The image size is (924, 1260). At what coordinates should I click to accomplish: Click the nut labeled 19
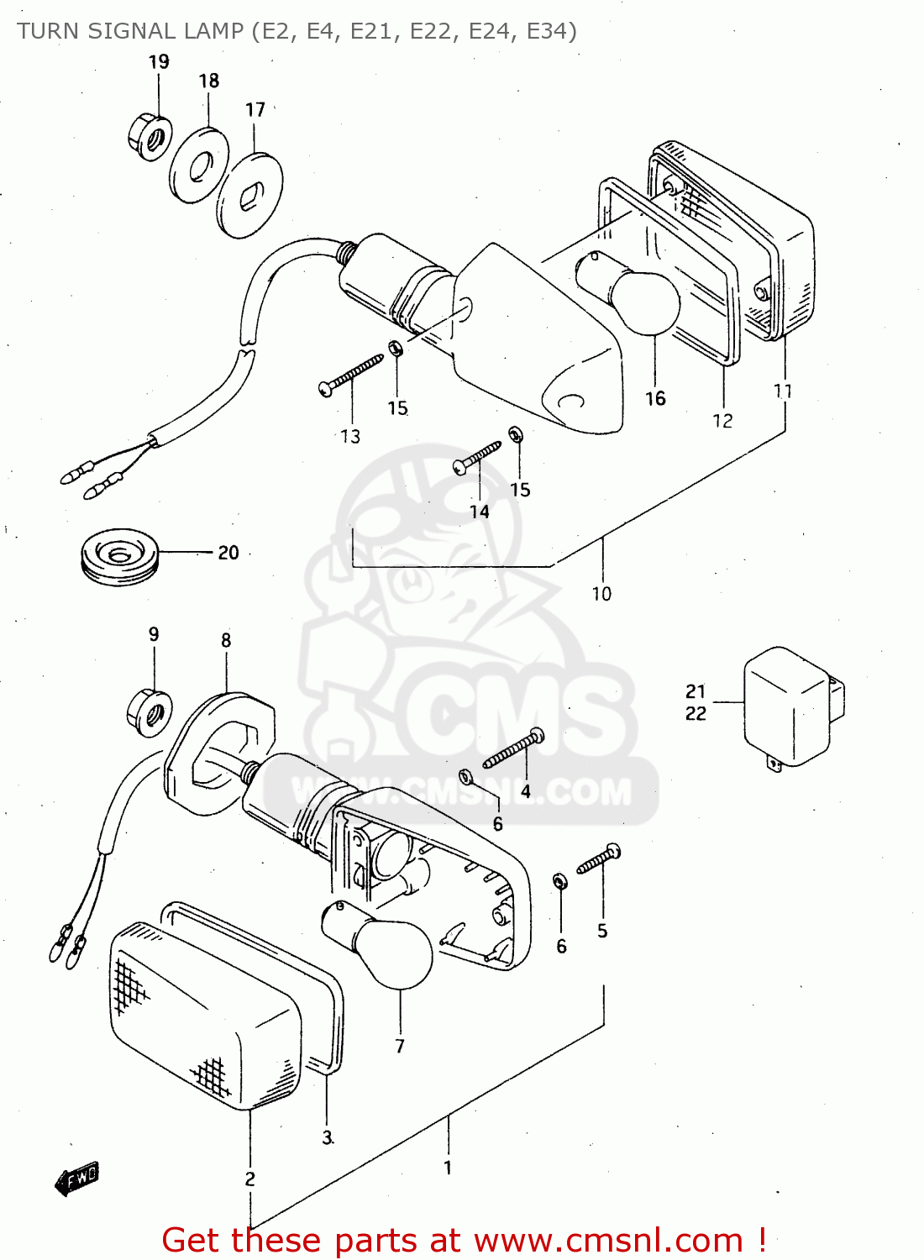(150, 137)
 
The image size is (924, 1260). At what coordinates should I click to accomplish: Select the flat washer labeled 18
(199, 165)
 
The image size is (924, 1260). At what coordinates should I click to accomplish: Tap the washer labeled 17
(249, 196)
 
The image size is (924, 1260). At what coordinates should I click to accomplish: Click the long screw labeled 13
(351, 375)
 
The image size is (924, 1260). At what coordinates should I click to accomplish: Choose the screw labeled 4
(513, 749)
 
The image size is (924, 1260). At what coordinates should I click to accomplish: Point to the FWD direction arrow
(77, 1179)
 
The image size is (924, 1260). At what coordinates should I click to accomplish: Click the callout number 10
(601, 594)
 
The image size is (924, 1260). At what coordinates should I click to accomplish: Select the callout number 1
(448, 1168)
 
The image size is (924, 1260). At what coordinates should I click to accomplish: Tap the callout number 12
(722, 421)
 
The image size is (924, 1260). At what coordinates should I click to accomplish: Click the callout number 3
(328, 1137)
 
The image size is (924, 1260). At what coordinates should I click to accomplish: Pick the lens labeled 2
(202, 1016)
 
